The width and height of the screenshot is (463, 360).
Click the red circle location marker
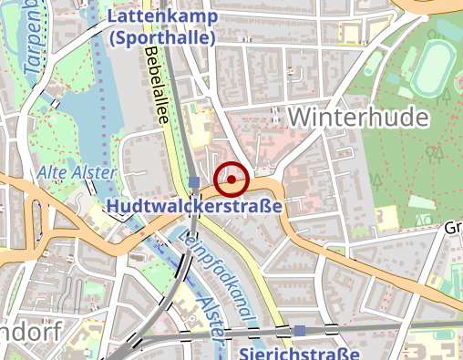click(231, 180)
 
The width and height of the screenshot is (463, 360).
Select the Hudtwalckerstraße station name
click(194, 208)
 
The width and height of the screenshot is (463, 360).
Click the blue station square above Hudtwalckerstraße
click(194, 182)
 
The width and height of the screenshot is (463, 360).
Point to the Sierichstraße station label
click(301, 352)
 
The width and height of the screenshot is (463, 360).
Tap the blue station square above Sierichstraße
click(300, 331)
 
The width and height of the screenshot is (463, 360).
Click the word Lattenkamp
click(161, 17)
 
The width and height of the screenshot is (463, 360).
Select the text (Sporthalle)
click(160, 39)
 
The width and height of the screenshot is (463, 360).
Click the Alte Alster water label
click(77, 172)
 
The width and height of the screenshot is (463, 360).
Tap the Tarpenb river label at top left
click(36, 41)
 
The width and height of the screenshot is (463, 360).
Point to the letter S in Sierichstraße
click(246, 352)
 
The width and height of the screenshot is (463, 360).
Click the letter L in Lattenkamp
click(114, 17)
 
